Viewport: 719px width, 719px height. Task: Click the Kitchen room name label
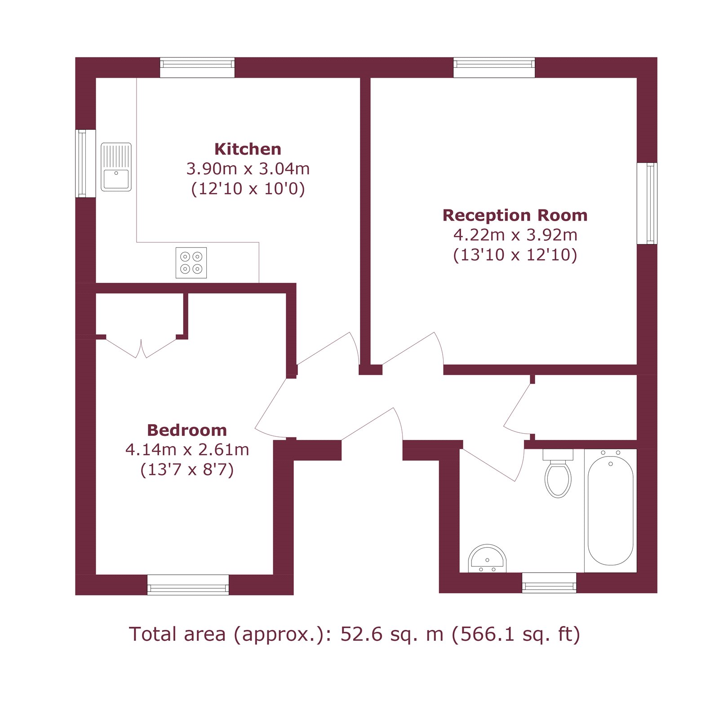point(248,149)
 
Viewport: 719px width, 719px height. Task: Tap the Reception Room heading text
point(515,215)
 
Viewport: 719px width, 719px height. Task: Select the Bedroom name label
point(187,430)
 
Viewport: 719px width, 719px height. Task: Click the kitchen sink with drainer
point(116,167)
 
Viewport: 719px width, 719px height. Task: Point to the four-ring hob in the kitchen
point(191,263)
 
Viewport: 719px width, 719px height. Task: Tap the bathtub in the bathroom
point(610,511)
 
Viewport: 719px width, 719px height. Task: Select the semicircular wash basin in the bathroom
point(487,559)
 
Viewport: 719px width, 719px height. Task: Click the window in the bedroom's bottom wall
point(188,585)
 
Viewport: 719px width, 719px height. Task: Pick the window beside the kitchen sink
point(85,164)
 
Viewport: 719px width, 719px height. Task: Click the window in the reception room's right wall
point(647,203)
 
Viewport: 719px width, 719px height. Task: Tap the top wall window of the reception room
point(494,67)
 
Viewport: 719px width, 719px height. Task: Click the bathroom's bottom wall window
point(549,583)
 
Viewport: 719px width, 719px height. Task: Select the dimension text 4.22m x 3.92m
point(515,235)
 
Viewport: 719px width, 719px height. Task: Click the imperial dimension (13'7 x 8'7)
point(187,470)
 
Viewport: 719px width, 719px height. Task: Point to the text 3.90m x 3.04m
point(248,169)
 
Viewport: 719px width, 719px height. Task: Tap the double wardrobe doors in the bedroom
point(141,349)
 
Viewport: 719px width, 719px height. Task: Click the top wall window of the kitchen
point(197,67)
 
